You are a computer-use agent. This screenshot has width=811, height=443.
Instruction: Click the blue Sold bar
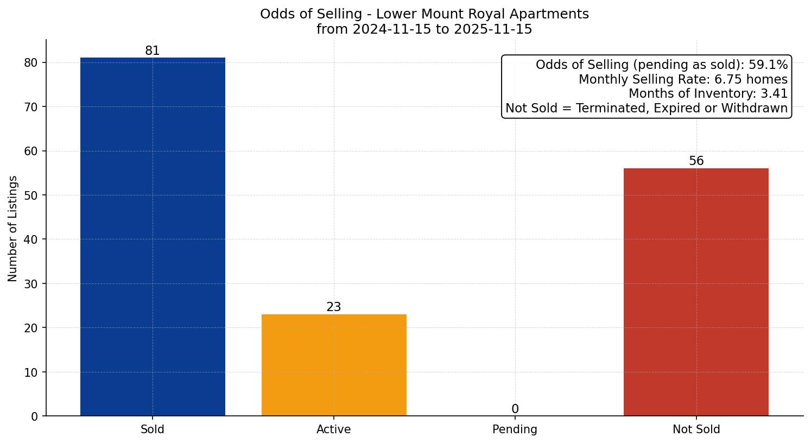(153, 237)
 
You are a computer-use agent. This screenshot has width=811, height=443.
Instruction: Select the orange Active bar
(334, 365)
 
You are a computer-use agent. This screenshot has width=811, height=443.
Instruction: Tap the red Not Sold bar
(696, 292)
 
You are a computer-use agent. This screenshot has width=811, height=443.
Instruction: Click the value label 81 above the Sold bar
(153, 51)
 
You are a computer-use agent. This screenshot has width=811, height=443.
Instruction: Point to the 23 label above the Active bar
(334, 307)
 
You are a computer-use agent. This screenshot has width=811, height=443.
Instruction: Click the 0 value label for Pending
(515, 409)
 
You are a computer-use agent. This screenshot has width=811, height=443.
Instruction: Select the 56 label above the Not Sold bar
(696, 161)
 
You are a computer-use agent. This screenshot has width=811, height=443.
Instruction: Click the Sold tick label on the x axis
(153, 429)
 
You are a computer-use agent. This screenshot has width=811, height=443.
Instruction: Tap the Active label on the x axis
(334, 429)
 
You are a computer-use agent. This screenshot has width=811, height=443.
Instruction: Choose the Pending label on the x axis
(515, 429)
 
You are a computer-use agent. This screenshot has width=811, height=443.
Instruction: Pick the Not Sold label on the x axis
(696, 429)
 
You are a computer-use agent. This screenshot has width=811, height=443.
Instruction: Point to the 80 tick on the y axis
(31, 63)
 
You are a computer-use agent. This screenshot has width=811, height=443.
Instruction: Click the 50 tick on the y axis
(31, 195)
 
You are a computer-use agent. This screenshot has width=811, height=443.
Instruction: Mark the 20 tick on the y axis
(31, 328)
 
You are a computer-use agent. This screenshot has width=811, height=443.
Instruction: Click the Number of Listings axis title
(13, 228)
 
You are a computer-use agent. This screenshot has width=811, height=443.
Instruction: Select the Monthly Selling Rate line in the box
(683, 80)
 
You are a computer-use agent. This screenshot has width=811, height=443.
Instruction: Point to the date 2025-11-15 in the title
(492, 29)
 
